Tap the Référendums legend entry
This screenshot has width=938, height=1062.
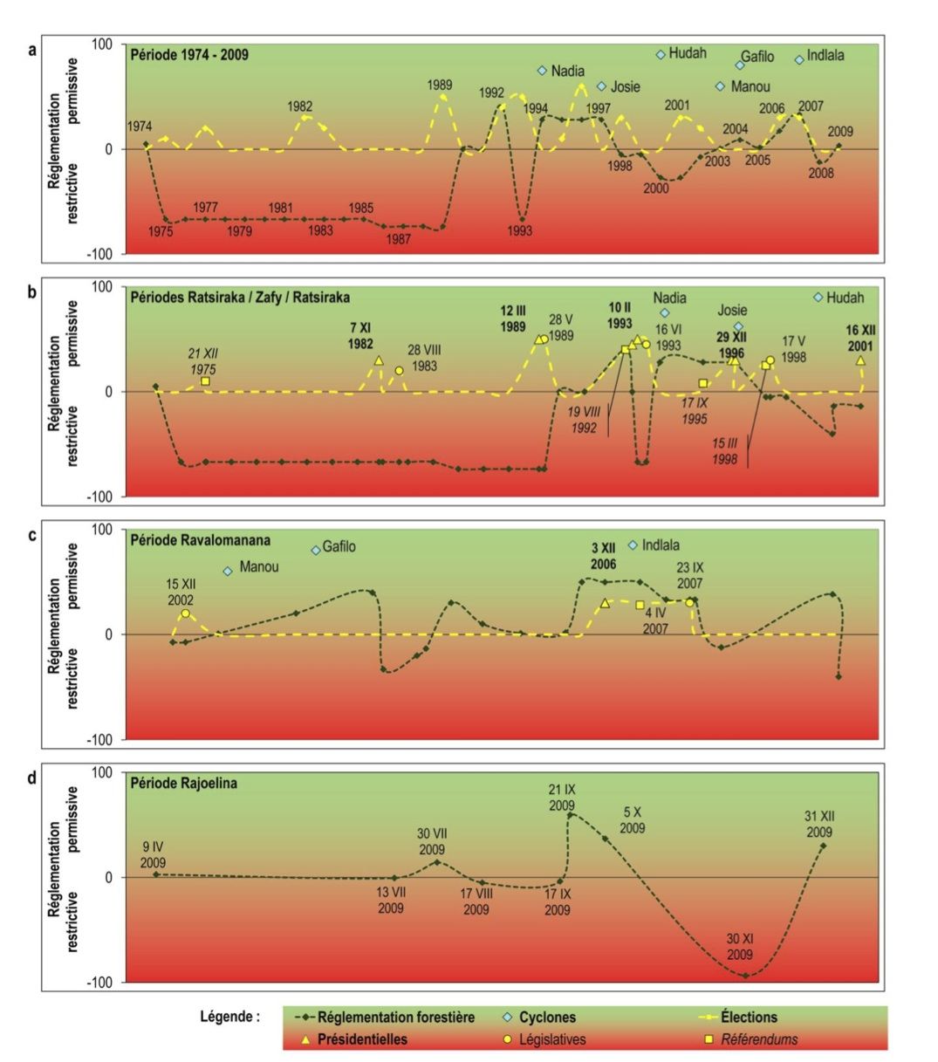tap(757, 1039)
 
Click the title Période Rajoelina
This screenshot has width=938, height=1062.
tap(183, 783)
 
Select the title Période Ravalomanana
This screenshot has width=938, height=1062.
tap(201, 540)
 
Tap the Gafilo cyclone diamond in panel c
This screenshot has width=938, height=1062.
tap(316, 550)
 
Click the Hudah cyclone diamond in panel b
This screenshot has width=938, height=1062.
tap(818, 298)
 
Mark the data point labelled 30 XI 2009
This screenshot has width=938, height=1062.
tap(745, 976)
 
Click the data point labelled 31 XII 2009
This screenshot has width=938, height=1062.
tap(823, 846)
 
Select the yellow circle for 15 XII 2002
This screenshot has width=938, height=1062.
tap(185, 613)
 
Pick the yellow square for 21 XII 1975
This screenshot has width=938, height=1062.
tap(205, 381)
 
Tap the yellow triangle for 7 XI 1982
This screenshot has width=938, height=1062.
tap(379, 360)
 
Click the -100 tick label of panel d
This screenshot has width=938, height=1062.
tap(101, 983)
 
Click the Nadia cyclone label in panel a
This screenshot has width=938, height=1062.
tap(568, 72)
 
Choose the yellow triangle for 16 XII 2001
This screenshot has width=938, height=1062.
tap(860, 360)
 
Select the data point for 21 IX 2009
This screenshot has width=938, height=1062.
tap(570, 815)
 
